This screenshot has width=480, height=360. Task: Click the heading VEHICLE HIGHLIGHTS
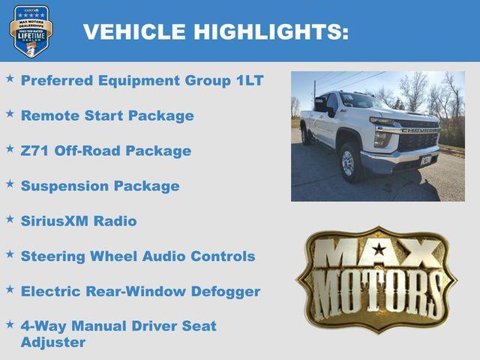pyautogui.click(x=215, y=31)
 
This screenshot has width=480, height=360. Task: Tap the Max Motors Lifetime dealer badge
pyautogui.click(x=31, y=31)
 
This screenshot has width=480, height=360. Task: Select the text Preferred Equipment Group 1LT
pyautogui.click(x=142, y=80)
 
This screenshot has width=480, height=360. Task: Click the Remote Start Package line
pyautogui.click(x=107, y=115)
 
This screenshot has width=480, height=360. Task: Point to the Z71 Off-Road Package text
pyautogui.click(x=106, y=151)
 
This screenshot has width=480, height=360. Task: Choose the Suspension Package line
pyautogui.click(x=100, y=186)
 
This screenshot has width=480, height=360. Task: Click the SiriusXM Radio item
pyautogui.click(x=79, y=221)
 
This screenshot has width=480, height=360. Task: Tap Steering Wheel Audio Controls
pyautogui.click(x=138, y=256)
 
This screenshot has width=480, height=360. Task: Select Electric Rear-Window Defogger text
pyautogui.click(x=140, y=292)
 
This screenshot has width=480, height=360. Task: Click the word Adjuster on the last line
pyautogui.click(x=53, y=343)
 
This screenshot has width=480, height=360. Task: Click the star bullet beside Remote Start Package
pyautogui.click(x=10, y=113)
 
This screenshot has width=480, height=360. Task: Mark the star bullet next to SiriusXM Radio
pyautogui.click(x=10, y=219)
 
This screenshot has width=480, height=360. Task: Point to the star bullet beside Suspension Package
pyautogui.click(x=10, y=184)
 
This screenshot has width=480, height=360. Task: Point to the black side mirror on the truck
pyautogui.click(x=329, y=112)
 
